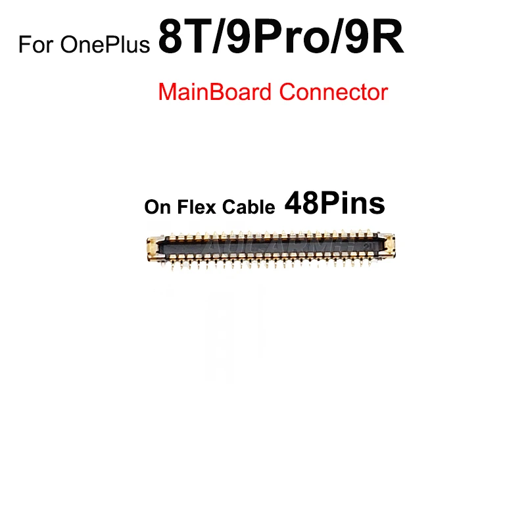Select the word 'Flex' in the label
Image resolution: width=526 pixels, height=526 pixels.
(x=191, y=208)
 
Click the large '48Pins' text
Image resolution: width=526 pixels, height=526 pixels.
(x=334, y=204)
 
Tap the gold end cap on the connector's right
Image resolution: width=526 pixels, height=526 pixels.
(x=388, y=245)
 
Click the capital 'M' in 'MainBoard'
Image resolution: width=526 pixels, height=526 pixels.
(x=167, y=91)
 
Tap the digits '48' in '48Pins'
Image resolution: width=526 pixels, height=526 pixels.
(x=300, y=204)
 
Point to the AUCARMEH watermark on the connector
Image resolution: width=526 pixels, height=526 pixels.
(x=296, y=247)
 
